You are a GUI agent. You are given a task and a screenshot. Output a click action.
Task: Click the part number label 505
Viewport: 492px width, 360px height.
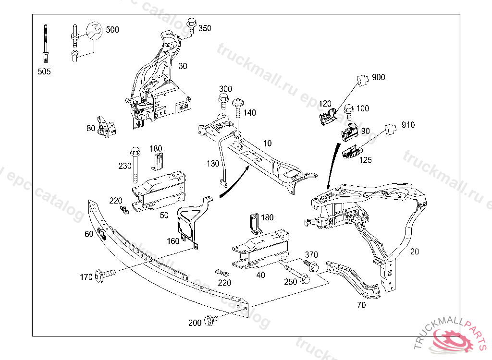point(44,72)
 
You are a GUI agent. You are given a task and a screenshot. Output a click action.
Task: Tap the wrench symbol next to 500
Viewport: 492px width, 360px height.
point(95,31)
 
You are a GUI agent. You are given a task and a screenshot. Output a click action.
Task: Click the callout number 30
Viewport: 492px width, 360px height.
point(183,66)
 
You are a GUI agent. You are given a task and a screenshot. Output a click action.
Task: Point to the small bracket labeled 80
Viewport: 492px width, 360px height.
point(105,127)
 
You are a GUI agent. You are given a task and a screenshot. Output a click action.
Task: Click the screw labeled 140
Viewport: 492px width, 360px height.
point(237,108)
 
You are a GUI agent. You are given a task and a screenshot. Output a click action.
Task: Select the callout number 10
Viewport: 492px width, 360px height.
point(267,143)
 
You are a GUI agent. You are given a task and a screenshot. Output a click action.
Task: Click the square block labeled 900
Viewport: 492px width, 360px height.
point(362,80)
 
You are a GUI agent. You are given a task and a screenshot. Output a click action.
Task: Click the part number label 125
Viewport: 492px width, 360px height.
point(365,160)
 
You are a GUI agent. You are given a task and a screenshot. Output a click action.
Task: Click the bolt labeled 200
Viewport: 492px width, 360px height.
point(210,320)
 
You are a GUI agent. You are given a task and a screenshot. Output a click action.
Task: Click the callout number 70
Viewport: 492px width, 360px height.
point(362,304)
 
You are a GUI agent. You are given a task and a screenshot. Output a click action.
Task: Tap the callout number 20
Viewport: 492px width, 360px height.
point(415,251)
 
